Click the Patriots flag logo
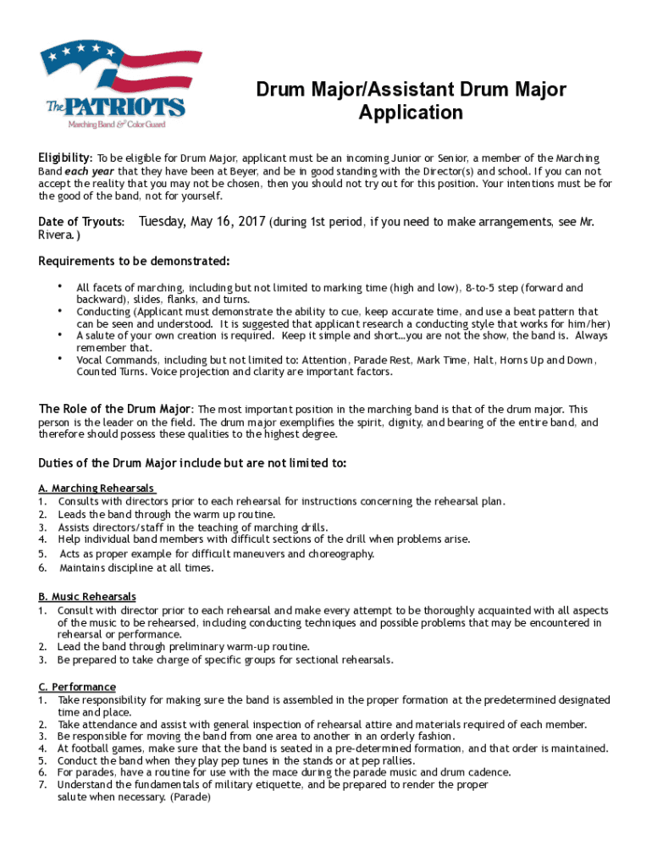click(x=113, y=83)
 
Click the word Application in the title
click(x=411, y=113)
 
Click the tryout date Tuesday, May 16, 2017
click(x=202, y=222)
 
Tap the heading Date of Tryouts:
click(x=82, y=222)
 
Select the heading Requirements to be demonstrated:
click(x=134, y=260)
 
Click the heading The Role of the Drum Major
click(x=116, y=410)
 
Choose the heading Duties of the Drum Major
click(x=192, y=463)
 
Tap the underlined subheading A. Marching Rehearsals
click(x=97, y=489)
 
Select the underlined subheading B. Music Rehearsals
click(x=87, y=597)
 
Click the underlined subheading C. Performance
click(x=77, y=687)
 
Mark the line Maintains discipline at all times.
click(x=136, y=568)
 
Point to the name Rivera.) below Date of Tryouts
click(x=59, y=235)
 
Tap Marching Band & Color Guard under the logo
click(x=117, y=124)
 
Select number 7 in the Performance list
click(x=41, y=785)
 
